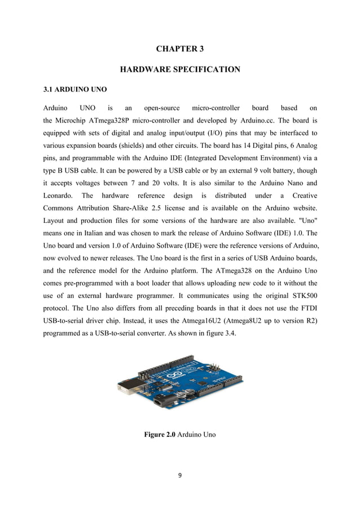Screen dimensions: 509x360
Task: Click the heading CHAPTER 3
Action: (180, 49)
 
